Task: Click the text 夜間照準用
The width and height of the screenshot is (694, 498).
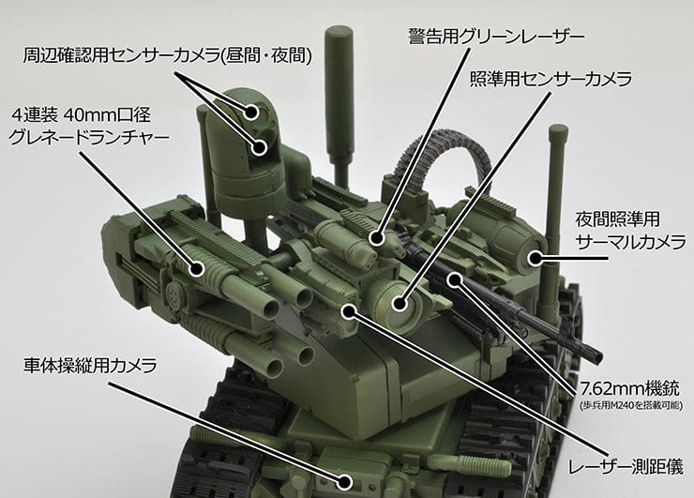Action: [x=632, y=219]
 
